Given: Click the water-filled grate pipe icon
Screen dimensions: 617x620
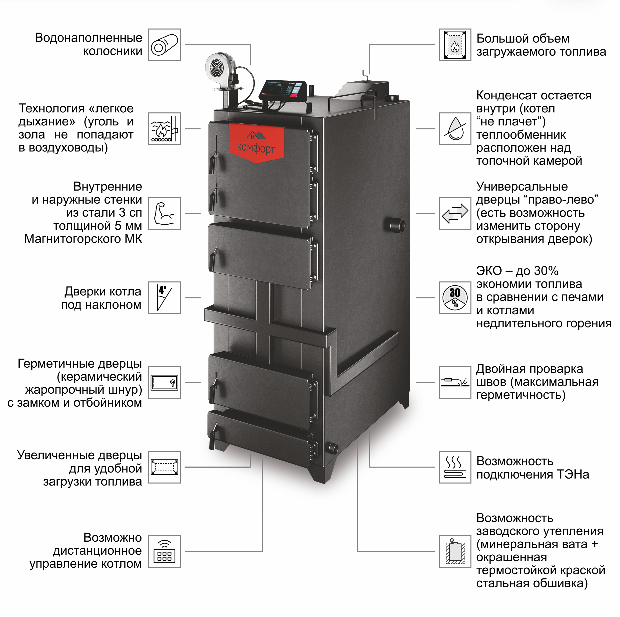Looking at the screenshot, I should tap(164, 45).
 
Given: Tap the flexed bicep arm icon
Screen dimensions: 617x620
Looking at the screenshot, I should tap(164, 213).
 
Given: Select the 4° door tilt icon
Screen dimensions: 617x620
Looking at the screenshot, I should tap(164, 298).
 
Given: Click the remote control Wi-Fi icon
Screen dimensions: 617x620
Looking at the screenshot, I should tap(164, 551).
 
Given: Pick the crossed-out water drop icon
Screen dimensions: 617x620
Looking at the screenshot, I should tap(455, 129).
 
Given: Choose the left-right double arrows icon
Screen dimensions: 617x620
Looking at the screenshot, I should tap(455, 213).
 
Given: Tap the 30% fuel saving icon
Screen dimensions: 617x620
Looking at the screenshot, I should tap(455, 298).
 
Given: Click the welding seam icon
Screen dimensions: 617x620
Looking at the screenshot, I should tap(455, 383).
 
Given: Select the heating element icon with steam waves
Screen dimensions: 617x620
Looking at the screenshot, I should tap(455, 467).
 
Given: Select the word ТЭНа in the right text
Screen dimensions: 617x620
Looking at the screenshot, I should tap(572, 474).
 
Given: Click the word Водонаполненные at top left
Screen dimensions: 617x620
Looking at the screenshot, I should tap(88, 38).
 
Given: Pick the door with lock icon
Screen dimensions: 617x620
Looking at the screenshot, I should tap(164, 383).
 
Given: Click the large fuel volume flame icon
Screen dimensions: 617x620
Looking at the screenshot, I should tap(455, 45).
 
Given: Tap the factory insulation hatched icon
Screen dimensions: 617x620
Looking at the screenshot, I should tap(455, 551).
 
